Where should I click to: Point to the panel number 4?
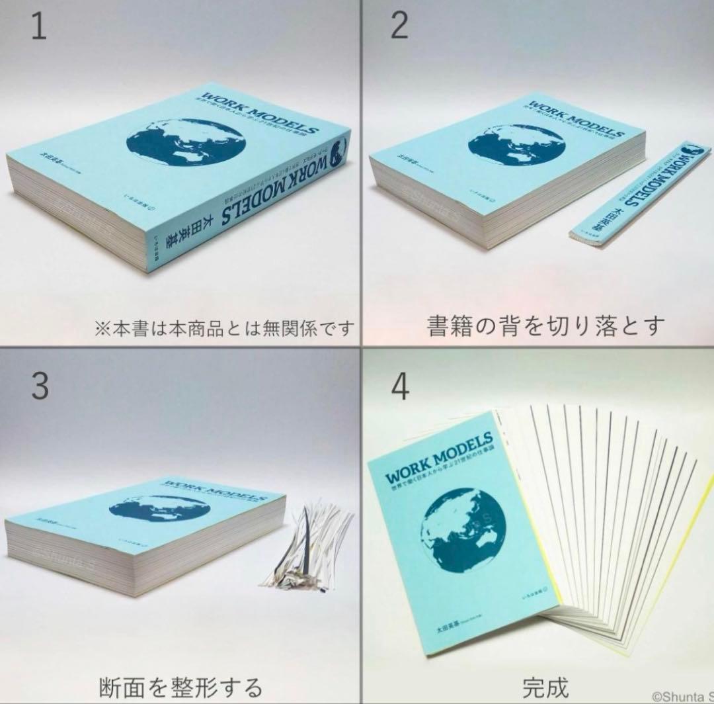pyautogui.click(x=400, y=388)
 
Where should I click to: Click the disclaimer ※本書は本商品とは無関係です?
pyautogui.click(x=224, y=328)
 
